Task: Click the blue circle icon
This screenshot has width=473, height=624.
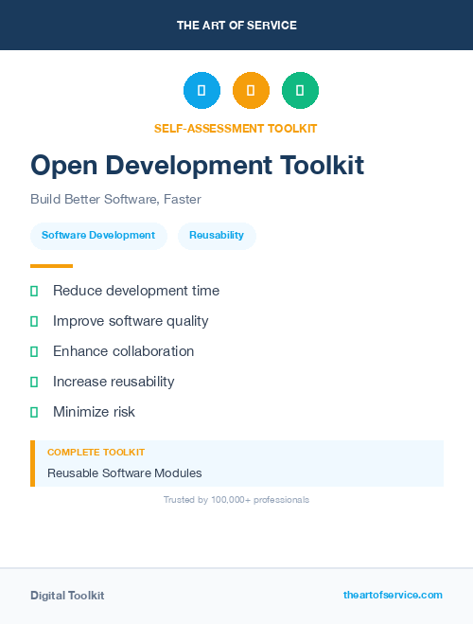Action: (x=201, y=90)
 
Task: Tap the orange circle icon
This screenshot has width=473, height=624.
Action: (x=251, y=90)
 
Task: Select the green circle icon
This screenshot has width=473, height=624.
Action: (x=300, y=90)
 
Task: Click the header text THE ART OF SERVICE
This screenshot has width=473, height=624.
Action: (x=236, y=26)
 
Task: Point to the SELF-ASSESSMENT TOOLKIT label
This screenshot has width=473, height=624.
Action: (x=236, y=128)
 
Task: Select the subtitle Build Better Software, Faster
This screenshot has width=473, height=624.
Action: (x=115, y=199)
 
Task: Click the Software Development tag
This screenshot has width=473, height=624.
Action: (x=98, y=235)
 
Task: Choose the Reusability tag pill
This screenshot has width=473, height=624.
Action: (x=217, y=235)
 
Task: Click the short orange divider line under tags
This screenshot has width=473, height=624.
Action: (x=51, y=266)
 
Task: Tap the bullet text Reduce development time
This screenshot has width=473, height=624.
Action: (x=136, y=291)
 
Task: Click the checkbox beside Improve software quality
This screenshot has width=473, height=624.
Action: (x=34, y=321)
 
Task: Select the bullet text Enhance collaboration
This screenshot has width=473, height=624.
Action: (x=123, y=351)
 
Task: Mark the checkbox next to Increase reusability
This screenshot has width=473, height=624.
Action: (x=34, y=382)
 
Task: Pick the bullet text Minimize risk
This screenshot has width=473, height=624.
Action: (x=94, y=412)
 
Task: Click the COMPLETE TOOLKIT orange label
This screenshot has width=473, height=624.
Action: (x=96, y=453)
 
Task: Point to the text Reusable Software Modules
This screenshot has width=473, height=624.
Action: (x=125, y=472)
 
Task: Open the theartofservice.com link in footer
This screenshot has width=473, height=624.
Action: (x=393, y=595)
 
